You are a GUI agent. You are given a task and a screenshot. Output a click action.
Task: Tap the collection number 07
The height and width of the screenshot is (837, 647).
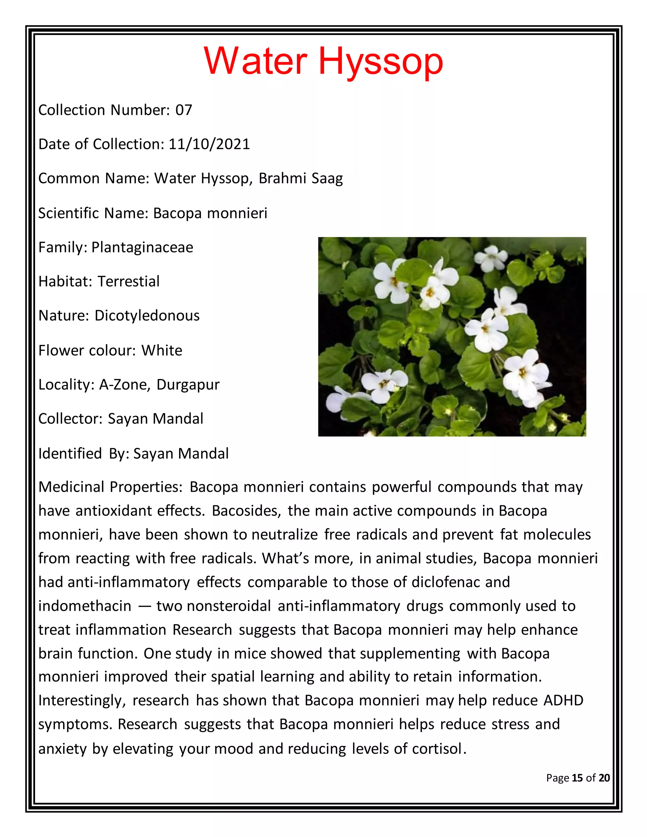pyautogui.click(x=184, y=110)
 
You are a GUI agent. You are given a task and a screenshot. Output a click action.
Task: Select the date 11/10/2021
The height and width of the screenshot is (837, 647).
pyautogui.click(x=209, y=144)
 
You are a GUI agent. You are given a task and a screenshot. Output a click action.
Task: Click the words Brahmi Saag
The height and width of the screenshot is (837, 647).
pyautogui.click(x=300, y=178)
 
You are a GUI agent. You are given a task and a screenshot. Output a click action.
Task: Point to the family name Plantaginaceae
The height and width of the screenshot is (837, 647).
pyautogui.click(x=142, y=248)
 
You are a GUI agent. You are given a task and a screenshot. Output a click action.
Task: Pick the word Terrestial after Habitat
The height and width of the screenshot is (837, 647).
pyautogui.click(x=128, y=282)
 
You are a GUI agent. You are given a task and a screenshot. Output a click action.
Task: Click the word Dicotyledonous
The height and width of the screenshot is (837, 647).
pyautogui.click(x=147, y=316)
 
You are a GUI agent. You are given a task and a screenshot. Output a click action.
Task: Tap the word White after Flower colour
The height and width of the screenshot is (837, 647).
pyautogui.click(x=162, y=351)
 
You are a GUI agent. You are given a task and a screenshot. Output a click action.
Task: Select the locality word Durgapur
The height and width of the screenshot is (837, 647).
pyautogui.click(x=188, y=385)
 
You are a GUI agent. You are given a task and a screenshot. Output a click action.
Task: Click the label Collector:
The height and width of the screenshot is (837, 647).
pyautogui.click(x=70, y=419)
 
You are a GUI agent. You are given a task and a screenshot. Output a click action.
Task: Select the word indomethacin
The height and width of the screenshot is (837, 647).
pyautogui.click(x=85, y=606)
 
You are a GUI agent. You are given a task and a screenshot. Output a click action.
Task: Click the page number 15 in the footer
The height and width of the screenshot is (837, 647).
pyautogui.click(x=577, y=778)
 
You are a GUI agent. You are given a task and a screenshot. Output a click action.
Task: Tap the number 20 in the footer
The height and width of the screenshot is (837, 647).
pyautogui.click(x=604, y=778)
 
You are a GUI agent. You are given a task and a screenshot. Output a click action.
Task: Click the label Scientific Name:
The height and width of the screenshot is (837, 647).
pyautogui.click(x=93, y=213)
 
